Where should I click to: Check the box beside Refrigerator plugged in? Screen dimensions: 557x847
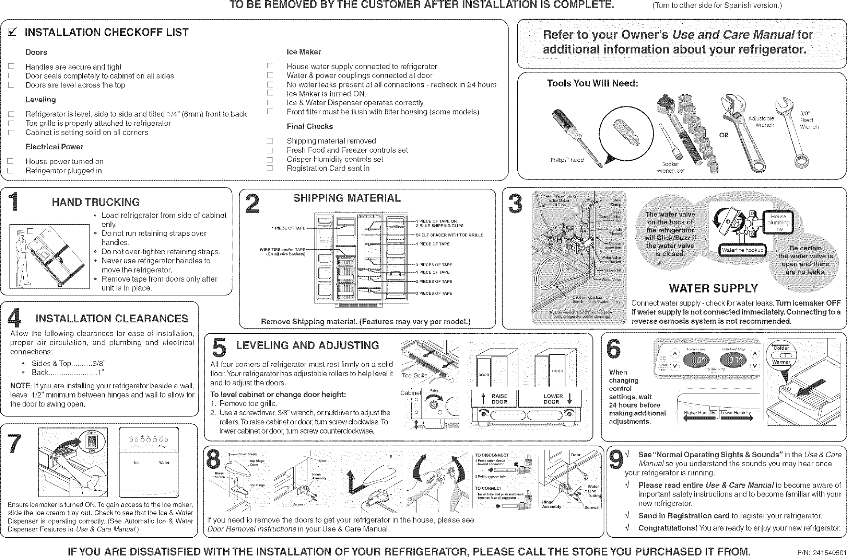click(11, 170)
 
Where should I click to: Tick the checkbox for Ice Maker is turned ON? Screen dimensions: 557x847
click(270, 93)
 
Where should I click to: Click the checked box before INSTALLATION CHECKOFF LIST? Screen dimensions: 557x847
click(12, 33)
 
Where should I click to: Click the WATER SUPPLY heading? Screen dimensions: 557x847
click(713, 289)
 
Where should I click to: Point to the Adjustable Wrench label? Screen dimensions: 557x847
click(761, 122)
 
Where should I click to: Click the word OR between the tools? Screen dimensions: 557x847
click(724, 135)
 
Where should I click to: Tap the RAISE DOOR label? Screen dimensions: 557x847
click(499, 399)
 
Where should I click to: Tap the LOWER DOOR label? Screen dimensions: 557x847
click(553, 399)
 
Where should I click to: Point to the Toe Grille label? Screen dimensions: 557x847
click(414, 376)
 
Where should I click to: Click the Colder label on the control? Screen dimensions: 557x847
click(781, 348)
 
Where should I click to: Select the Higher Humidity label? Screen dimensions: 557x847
click(699, 413)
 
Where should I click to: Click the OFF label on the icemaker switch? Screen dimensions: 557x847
click(91, 433)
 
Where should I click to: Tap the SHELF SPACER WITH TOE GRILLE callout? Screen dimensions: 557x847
click(450, 235)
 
